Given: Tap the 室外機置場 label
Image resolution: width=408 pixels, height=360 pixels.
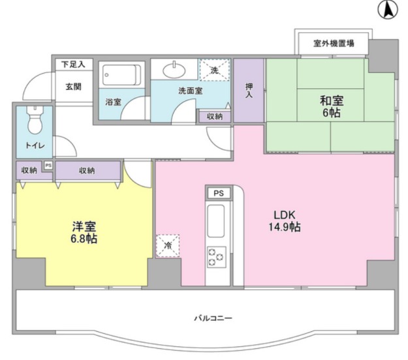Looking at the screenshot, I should click(x=333, y=44).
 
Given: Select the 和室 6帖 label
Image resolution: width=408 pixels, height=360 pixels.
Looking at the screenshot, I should click(x=332, y=106).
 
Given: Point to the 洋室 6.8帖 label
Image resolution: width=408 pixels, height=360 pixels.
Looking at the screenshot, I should click(x=84, y=233).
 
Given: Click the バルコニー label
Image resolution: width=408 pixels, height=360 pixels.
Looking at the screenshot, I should click(x=213, y=318).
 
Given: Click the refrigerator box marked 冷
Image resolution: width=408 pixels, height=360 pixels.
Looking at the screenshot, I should click(x=167, y=246).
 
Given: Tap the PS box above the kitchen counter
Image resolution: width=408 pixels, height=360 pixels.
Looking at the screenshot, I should click(x=218, y=193).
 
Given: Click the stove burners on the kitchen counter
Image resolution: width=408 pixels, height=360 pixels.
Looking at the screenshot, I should click(x=216, y=256).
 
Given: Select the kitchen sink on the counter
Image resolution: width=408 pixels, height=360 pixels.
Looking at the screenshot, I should click(x=216, y=222).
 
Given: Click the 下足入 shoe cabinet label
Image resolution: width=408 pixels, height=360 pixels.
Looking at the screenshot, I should click(x=73, y=65).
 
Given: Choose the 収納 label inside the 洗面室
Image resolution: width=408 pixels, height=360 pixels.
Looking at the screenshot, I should click(x=214, y=117).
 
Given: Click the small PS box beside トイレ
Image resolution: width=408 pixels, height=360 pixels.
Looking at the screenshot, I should click(x=48, y=165).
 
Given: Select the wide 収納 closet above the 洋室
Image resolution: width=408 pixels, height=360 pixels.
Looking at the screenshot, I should click(x=87, y=171).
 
